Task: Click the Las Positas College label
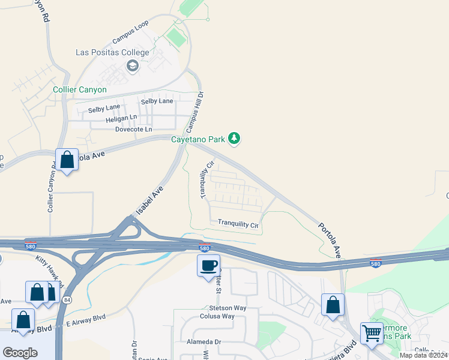(112, 52)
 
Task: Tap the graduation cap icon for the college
(133, 65)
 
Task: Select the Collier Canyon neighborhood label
(80, 90)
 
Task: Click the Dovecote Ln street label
(133, 129)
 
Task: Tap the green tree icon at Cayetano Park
(234, 139)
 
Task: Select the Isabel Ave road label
(149, 200)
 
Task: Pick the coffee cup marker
(209, 265)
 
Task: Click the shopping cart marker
(372, 332)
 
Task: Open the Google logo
(20, 352)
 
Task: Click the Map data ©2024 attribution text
(424, 355)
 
